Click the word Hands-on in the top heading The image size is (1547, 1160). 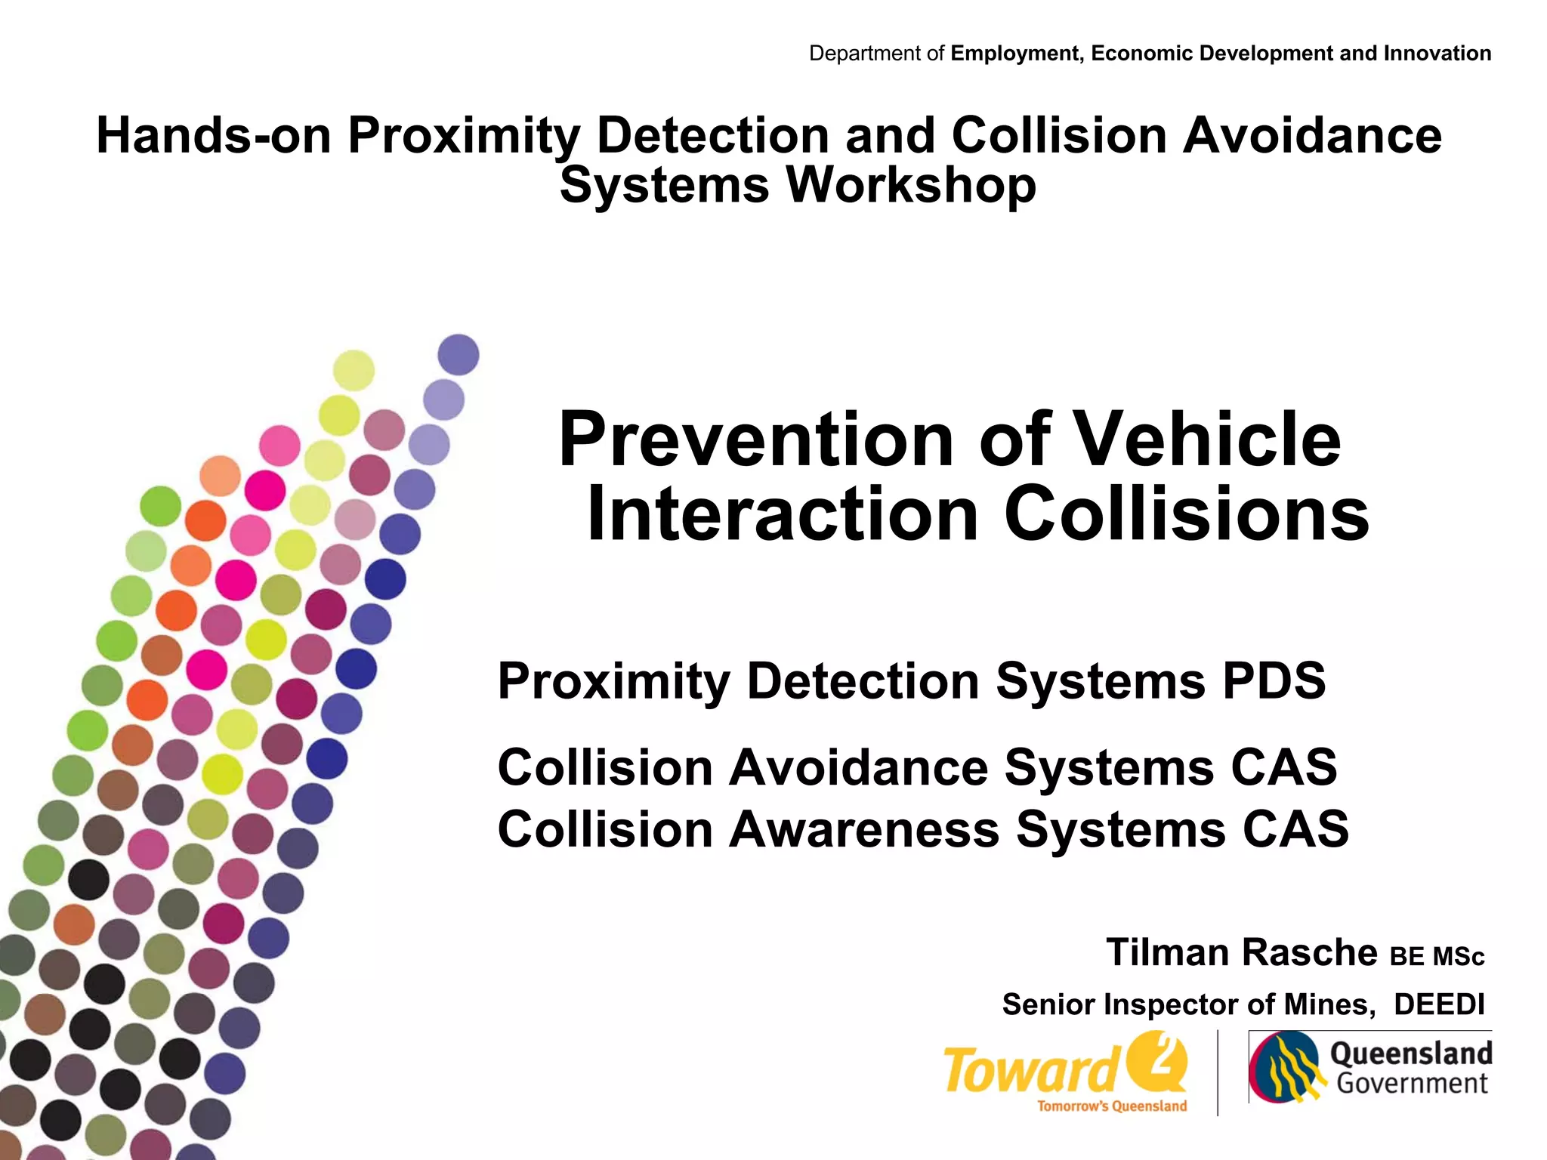click(214, 136)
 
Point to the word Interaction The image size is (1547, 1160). click(783, 515)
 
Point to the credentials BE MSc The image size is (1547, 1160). click(1437, 957)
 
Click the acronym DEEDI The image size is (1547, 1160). click(1438, 1005)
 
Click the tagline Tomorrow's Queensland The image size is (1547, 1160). click(1112, 1106)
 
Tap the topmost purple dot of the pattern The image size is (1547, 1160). click(459, 354)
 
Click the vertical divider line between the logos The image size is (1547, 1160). click(1218, 1072)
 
